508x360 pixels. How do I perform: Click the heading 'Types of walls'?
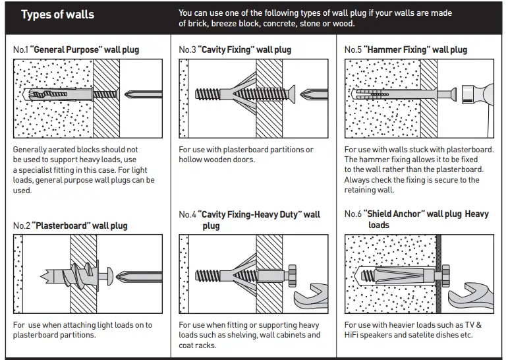(57, 15)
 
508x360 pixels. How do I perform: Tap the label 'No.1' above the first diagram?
(20, 50)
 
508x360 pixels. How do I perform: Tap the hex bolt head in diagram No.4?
(292, 274)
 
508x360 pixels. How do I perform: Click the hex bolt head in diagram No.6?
(446, 272)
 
